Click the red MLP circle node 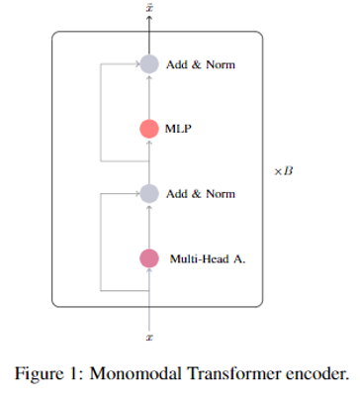[148, 128]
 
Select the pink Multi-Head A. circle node [148, 258]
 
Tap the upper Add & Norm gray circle [148, 64]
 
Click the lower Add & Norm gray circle [148, 193]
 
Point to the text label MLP [179, 129]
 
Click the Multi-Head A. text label [207, 259]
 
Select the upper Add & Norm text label [201, 65]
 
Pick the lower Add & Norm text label [201, 194]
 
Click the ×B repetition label [284, 171]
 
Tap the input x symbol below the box [148, 338]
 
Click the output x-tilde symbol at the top [148, 9]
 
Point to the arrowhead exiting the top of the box [148, 21]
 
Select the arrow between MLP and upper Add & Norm [148, 96]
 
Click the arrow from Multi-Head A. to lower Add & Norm [148, 226]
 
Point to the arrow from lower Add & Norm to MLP [148, 160]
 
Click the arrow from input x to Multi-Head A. [148, 297]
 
